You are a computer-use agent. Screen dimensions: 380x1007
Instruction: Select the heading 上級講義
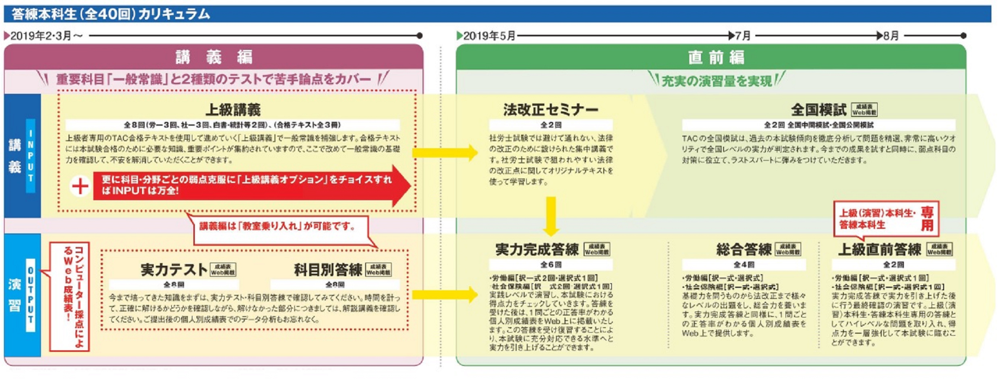tap(233, 110)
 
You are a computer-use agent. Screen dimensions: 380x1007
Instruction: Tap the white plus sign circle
tap(80, 186)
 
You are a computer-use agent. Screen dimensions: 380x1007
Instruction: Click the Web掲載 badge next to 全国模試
tap(864, 110)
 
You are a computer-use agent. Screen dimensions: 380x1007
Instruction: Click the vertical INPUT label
tap(30, 156)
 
